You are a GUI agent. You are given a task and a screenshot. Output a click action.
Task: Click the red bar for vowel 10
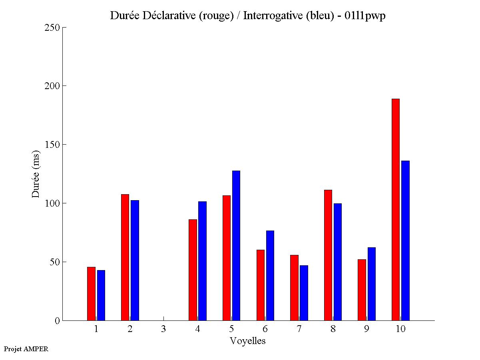[396, 210]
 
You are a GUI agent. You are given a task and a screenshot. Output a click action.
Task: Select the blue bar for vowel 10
[405, 241]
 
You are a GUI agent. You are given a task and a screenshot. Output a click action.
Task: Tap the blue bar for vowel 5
[236, 246]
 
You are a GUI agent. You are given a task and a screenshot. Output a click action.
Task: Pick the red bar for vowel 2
[125, 257]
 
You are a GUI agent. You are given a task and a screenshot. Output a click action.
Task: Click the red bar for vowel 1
[91, 294]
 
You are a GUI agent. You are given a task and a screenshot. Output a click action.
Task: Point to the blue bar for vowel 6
[270, 276]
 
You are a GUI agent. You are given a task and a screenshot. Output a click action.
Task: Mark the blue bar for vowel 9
[372, 284]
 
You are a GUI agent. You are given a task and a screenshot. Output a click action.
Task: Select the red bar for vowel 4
[193, 270]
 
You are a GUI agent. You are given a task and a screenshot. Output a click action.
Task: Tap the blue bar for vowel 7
[304, 293]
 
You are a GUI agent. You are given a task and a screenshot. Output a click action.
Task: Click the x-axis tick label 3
[163, 329]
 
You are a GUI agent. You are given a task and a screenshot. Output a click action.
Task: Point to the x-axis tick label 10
[400, 329]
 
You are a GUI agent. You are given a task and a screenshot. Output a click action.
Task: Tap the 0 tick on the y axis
[57, 320]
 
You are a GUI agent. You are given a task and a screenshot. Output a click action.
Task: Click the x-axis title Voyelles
[248, 341]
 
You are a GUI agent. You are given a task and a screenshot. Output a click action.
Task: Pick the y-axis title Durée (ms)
[36, 174]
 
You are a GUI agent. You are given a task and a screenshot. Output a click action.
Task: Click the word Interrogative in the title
[270, 16]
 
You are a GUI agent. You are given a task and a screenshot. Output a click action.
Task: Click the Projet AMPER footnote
[26, 349]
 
